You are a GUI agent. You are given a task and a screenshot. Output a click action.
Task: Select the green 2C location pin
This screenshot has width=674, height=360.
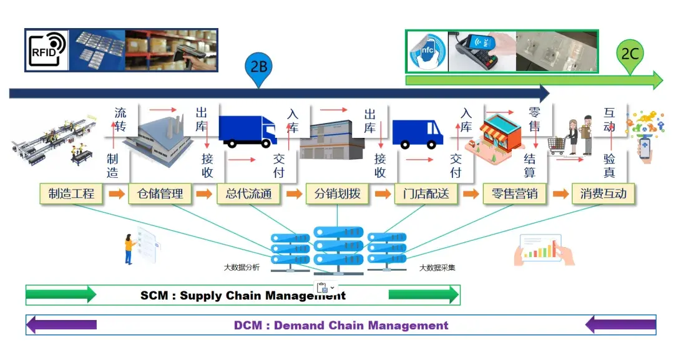point(630,56)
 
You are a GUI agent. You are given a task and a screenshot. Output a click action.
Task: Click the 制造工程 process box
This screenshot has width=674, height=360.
point(71,194)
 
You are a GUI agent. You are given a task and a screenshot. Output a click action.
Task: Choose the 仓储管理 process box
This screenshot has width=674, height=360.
point(160,194)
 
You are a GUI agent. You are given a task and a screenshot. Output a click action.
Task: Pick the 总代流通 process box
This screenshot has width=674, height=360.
point(249,194)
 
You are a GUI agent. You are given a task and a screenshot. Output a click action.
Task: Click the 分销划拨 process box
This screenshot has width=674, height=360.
point(338,194)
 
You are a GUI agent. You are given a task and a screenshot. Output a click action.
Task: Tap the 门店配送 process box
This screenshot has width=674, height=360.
point(426,194)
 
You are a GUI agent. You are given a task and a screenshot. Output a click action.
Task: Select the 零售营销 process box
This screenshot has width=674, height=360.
point(514,194)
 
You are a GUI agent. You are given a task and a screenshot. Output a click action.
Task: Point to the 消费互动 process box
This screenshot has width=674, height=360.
point(603,194)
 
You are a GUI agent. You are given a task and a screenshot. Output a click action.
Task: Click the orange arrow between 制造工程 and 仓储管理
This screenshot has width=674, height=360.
point(117,194)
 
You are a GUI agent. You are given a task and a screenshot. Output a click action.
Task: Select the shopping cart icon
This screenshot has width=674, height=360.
point(557,145)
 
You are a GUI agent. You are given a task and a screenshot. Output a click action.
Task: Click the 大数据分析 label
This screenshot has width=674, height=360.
point(242,267)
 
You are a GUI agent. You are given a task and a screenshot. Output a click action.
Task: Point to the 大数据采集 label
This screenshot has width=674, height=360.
point(437,268)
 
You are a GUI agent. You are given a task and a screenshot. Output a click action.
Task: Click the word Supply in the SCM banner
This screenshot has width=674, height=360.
point(201,296)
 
